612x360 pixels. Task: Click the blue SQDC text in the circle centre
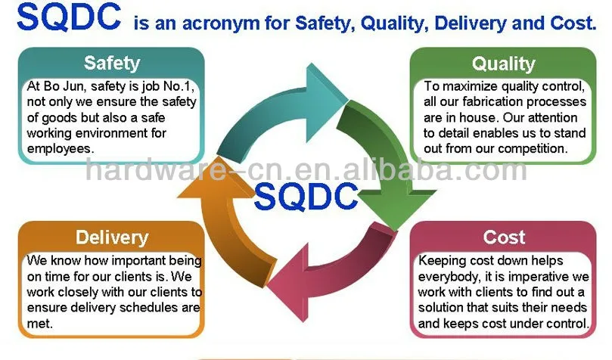tap(306, 196)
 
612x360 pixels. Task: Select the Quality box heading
tap(503, 64)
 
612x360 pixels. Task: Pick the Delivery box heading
tap(112, 237)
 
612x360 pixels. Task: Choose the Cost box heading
tap(504, 237)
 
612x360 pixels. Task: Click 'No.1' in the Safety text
tap(176, 87)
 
